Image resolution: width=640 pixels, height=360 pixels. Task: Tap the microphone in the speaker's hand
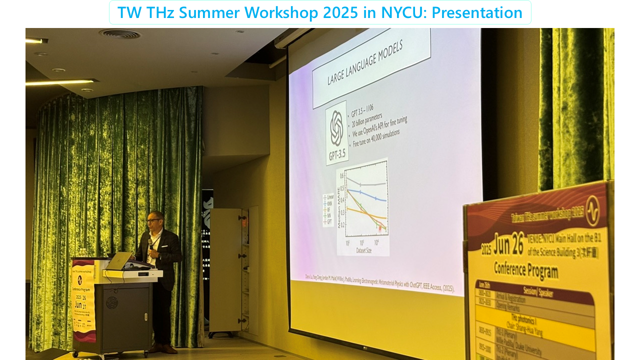click(x=150, y=244)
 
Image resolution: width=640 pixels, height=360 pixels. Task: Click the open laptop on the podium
click(x=119, y=260)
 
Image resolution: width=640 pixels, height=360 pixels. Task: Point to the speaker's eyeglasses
click(x=153, y=220)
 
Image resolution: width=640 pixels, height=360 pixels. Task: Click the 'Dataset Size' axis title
click(x=363, y=249)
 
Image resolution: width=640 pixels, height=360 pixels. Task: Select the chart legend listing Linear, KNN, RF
click(x=328, y=209)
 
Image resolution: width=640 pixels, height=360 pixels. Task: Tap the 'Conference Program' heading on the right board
click(x=525, y=269)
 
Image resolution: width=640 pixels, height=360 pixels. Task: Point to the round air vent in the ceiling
click(x=120, y=34)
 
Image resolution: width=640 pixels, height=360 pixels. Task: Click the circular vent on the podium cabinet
click(x=111, y=302)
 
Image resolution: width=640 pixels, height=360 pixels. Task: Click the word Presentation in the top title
click(x=477, y=12)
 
